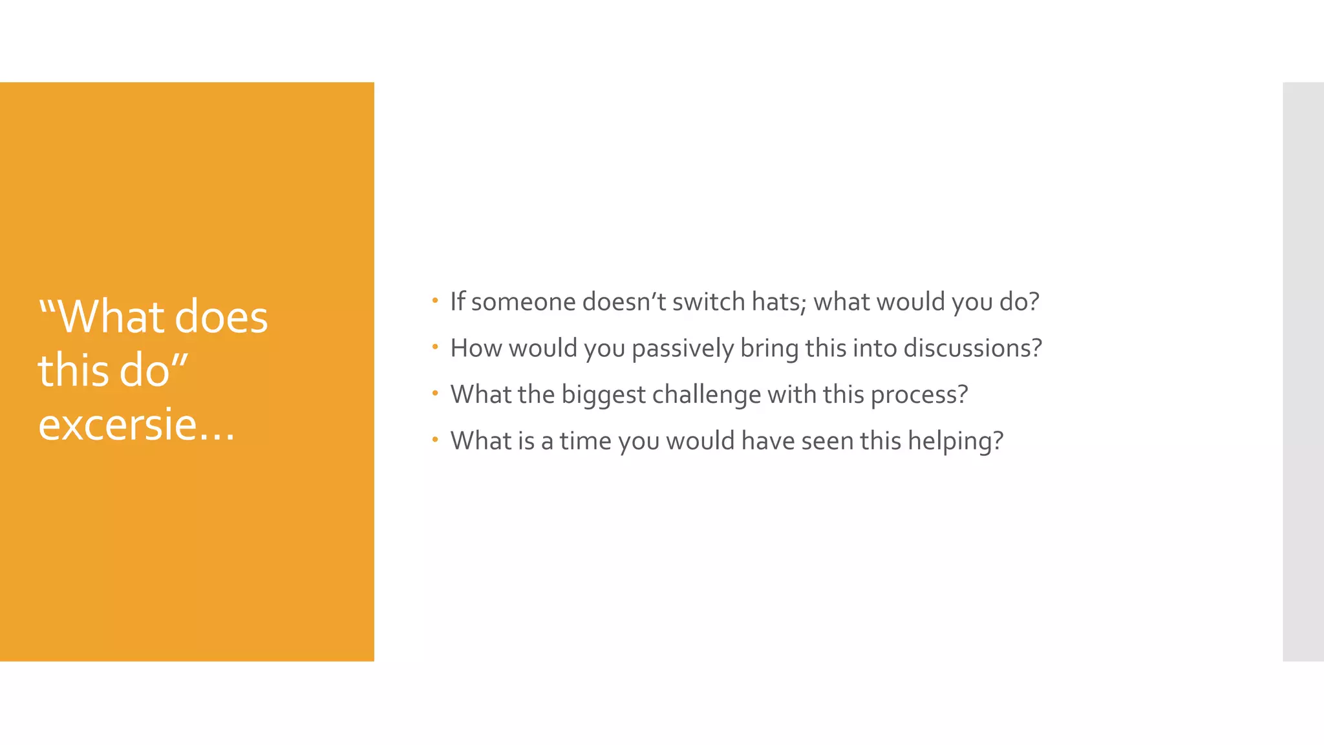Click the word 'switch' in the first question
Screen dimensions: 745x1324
pos(709,302)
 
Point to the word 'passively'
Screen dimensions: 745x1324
pos(682,349)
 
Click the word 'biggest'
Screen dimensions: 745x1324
pos(603,395)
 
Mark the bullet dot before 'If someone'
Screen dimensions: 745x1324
pos(435,300)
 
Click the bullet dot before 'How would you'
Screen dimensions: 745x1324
pos(435,347)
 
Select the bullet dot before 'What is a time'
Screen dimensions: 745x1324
pos(435,440)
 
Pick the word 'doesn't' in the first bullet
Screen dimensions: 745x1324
pos(624,302)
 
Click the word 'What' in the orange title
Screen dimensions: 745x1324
pos(112,317)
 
